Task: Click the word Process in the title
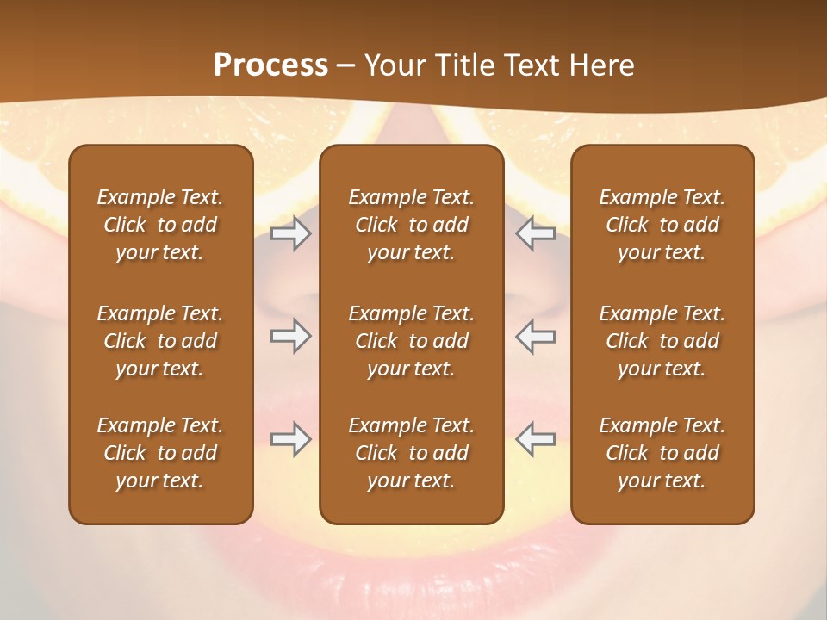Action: coord(270,65)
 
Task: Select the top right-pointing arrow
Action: coord(290,233)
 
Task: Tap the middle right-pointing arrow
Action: coord(290,335)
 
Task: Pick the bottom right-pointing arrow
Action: coord(290,438)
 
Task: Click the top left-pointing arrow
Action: coord(536,233)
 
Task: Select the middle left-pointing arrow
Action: coord(536,335)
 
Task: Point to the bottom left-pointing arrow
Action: coord(536,438)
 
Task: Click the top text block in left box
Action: coord(160,225)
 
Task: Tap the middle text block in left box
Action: coord(160,341)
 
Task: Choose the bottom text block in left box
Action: coord(160,453)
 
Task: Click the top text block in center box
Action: coord(411,225)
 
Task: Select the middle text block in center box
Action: coord(411,341)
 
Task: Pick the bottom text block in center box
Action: coord(411,453)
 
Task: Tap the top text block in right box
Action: coord(662,225)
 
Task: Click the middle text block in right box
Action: coord(662,341)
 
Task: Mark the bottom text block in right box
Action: coord(662,453)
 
